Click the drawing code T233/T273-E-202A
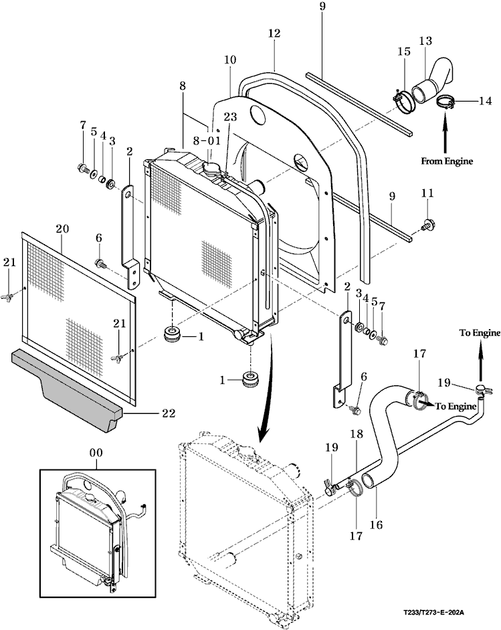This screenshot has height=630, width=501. click(x=434, y=613)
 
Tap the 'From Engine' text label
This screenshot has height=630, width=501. click(x=447, y=161)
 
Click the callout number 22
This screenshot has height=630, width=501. click(x=169, y=413)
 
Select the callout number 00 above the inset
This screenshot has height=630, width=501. click(x=96, y=453)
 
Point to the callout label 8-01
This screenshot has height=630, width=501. click(x=207, y=140)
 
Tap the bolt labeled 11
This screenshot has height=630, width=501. click(x=427, y=223)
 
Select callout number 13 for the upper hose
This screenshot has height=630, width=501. click(x=425, y=41)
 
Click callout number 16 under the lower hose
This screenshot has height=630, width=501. click(x=376, y=524)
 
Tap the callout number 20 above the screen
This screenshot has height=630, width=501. click(x=62, y=229)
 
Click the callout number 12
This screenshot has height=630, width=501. click(x=274, y=33)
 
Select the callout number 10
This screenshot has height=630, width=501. click(x=230, y=60)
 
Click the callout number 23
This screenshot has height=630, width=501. click(x=230, y=117)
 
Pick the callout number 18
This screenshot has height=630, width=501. click(x=356, y=434)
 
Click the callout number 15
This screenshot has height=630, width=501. click(x=404, y=51)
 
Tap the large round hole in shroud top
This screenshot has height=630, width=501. click(x=260, y=115)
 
